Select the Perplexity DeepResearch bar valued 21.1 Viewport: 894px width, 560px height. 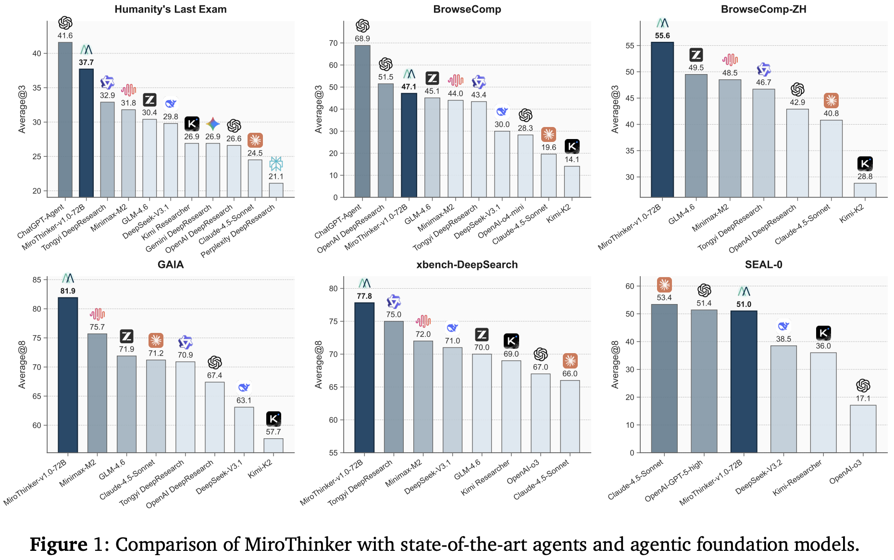click(x=276, y=190)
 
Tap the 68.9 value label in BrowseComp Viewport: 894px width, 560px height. click(x=362, y=38)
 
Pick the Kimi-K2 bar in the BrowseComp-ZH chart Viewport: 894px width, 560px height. click(x=865, y=190)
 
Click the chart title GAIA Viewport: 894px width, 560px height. click(x=171, y=265)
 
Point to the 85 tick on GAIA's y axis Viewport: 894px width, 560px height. click(x=37, y=280)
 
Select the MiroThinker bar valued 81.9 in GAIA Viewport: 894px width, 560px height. click(x=68, y=375)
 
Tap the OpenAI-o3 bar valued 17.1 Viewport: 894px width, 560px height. click(x=863, y=429)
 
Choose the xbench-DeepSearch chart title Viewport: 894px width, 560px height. click(x=467, y=265)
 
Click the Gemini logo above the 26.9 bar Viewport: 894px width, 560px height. click(x=212, y=124)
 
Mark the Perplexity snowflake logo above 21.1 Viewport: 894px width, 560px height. click(x=276, y=164)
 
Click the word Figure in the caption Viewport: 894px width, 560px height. click(x=59, y=545)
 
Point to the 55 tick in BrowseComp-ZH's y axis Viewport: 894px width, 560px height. click(x=630, y=46)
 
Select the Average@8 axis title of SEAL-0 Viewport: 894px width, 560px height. click(x=615, y=364)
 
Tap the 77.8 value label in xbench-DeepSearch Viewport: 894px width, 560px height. click(x=364, y=296)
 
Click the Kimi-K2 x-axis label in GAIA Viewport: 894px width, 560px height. click(x=261, y=469)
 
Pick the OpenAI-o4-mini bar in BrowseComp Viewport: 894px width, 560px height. click(x=525, y=166)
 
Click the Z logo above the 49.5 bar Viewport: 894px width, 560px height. click(x=696, y=55)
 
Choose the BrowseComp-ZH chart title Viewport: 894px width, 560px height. click(x=763, y=9)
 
